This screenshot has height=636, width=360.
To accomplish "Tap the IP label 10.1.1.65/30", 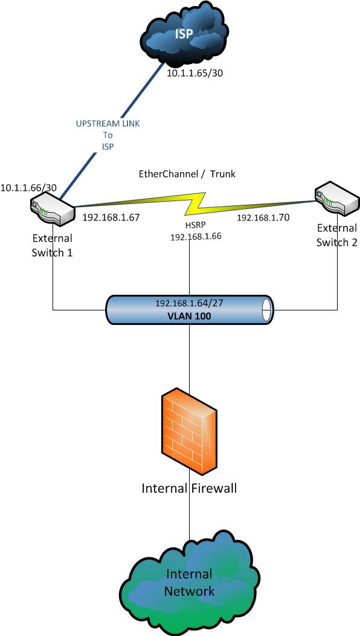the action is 195,73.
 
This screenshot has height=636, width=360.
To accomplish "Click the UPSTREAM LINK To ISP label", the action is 108,135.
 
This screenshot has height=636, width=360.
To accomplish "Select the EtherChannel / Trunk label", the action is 187,174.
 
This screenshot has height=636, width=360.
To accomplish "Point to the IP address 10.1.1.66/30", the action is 28,188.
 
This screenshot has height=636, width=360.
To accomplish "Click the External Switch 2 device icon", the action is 338,197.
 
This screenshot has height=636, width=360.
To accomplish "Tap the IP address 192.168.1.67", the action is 111,217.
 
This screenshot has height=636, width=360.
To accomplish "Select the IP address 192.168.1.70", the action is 263,217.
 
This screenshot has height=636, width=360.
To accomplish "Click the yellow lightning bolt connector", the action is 196,204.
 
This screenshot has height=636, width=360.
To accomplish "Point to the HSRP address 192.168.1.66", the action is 196,237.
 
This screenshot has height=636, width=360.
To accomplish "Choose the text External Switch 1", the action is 53,245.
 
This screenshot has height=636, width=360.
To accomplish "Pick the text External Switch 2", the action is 337,235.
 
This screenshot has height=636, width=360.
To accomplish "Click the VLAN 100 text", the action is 190,315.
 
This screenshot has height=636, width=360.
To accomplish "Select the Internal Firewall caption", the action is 189,488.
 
